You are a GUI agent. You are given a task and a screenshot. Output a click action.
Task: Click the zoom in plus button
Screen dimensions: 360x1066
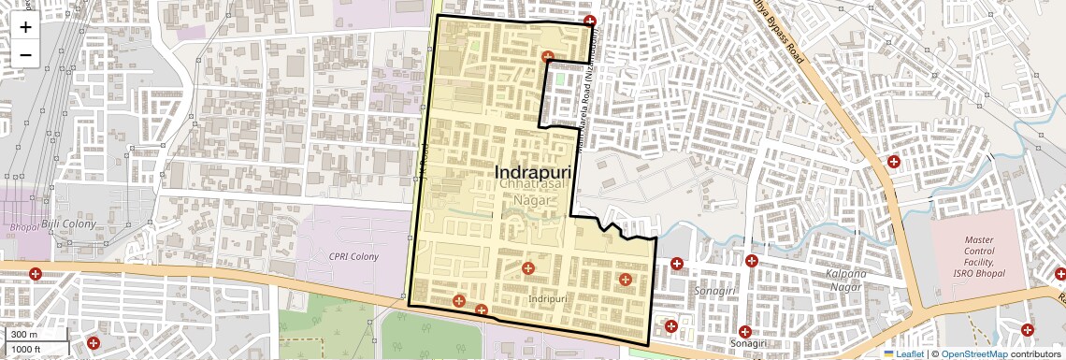point(25,27)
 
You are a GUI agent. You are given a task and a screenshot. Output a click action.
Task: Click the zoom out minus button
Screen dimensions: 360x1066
point(25,55)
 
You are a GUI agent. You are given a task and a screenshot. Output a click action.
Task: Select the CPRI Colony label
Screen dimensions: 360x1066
point(353,256)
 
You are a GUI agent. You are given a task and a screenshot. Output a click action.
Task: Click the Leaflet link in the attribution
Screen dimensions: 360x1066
point(903,354)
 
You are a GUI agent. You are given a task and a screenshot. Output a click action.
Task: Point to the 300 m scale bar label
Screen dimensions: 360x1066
point(25,335)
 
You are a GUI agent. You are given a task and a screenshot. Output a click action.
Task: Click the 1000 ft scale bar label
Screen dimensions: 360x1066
point(29,349)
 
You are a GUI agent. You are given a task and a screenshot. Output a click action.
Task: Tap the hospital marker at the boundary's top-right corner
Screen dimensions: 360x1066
point(589,22)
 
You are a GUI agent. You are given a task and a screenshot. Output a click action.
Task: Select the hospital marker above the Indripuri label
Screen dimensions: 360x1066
point(528,268)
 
